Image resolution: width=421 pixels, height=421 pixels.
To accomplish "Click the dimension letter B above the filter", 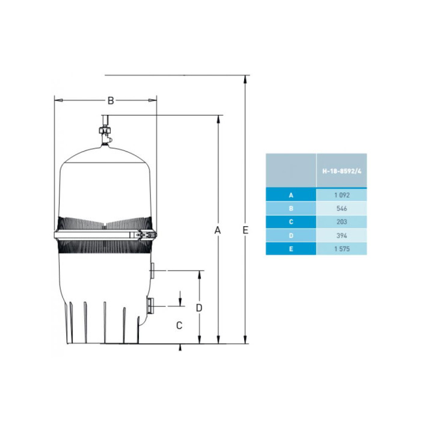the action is click(111, 100).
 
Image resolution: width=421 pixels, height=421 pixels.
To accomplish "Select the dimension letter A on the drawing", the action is click(218, 230).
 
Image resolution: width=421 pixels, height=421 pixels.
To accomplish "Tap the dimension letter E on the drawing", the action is click(245, 230).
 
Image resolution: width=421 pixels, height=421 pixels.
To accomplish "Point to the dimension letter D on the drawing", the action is click(198, 308).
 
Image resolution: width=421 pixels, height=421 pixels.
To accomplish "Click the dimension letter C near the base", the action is click(179, 325).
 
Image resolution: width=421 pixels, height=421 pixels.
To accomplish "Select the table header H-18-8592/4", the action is click(342, 171).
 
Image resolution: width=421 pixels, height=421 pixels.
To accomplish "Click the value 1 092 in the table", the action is click(342, 195).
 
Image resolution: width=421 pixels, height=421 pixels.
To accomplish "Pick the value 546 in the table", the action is click(342, 209).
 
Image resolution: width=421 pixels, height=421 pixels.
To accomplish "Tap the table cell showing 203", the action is click(342, 222).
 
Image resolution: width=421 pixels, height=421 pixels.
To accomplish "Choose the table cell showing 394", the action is click(342, 236).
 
